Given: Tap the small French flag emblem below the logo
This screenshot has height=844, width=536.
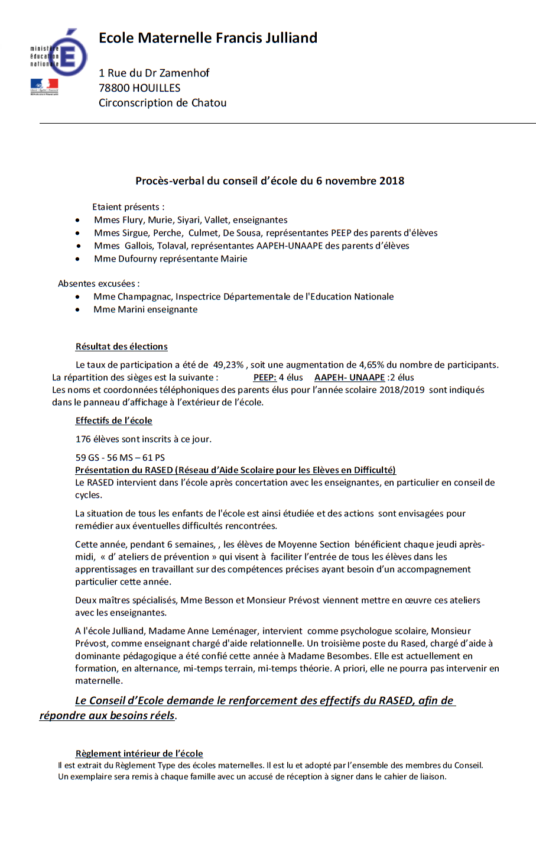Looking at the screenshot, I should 44,86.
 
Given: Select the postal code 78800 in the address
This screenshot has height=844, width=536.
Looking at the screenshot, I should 115,88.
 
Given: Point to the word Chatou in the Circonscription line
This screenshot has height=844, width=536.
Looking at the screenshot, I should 209,103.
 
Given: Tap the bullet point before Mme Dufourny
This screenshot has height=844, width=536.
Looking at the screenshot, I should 78,259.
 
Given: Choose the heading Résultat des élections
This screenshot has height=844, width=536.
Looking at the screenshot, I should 121,347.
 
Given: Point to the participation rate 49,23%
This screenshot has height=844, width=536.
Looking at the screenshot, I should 228,365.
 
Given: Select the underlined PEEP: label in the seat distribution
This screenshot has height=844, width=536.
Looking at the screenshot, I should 265,377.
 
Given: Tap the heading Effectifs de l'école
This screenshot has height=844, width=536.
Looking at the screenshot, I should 113,421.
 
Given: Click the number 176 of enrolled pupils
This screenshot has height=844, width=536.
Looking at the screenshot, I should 83,439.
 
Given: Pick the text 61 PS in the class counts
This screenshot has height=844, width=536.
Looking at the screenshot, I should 154,458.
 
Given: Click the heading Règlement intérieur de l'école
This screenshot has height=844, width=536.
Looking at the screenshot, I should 139,754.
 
